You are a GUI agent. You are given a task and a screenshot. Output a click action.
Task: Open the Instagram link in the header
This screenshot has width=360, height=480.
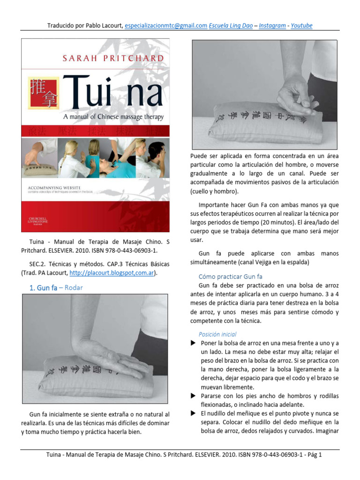click(272, 26)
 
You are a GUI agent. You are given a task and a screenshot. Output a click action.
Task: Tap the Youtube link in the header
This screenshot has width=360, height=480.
click(301, 26)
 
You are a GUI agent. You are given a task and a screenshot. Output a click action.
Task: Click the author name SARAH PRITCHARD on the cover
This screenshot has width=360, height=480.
click(113, 59)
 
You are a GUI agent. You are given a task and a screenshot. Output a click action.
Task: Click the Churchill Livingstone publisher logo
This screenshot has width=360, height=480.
click(37, 221)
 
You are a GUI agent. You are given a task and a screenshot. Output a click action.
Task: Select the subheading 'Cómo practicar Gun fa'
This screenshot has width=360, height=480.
click(230, 277)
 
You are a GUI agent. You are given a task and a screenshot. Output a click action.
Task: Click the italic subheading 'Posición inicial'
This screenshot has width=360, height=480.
click(217, 334)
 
